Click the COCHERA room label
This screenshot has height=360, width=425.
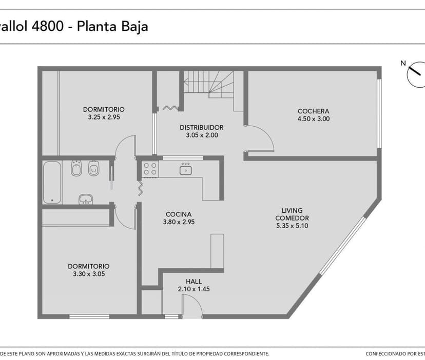click(x=313, y=111)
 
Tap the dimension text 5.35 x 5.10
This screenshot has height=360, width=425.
click(x=292, y=226)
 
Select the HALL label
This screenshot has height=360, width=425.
click(x=194, y=282)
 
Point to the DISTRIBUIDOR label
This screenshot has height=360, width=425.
click(x=201, y=128)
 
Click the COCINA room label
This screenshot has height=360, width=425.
click(x=179, y=214)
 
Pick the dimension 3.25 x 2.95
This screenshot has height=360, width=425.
click(x=104, y=117)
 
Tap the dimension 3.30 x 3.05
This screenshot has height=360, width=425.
click(x=88, y=274)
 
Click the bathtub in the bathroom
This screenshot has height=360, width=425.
click(x=52, y=183)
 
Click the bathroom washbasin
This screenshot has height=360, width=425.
click(x=86, y=198)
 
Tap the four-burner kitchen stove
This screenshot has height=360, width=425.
click(x=150, y=169)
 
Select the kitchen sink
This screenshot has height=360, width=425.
click(x=185, y=169)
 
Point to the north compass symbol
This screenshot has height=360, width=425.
click(x=415, y=76)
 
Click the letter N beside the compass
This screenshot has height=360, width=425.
click(x=403, y=64)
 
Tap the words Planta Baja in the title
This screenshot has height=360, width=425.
click(x=112, y=26)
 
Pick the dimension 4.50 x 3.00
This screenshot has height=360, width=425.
click(x=313, y=119)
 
